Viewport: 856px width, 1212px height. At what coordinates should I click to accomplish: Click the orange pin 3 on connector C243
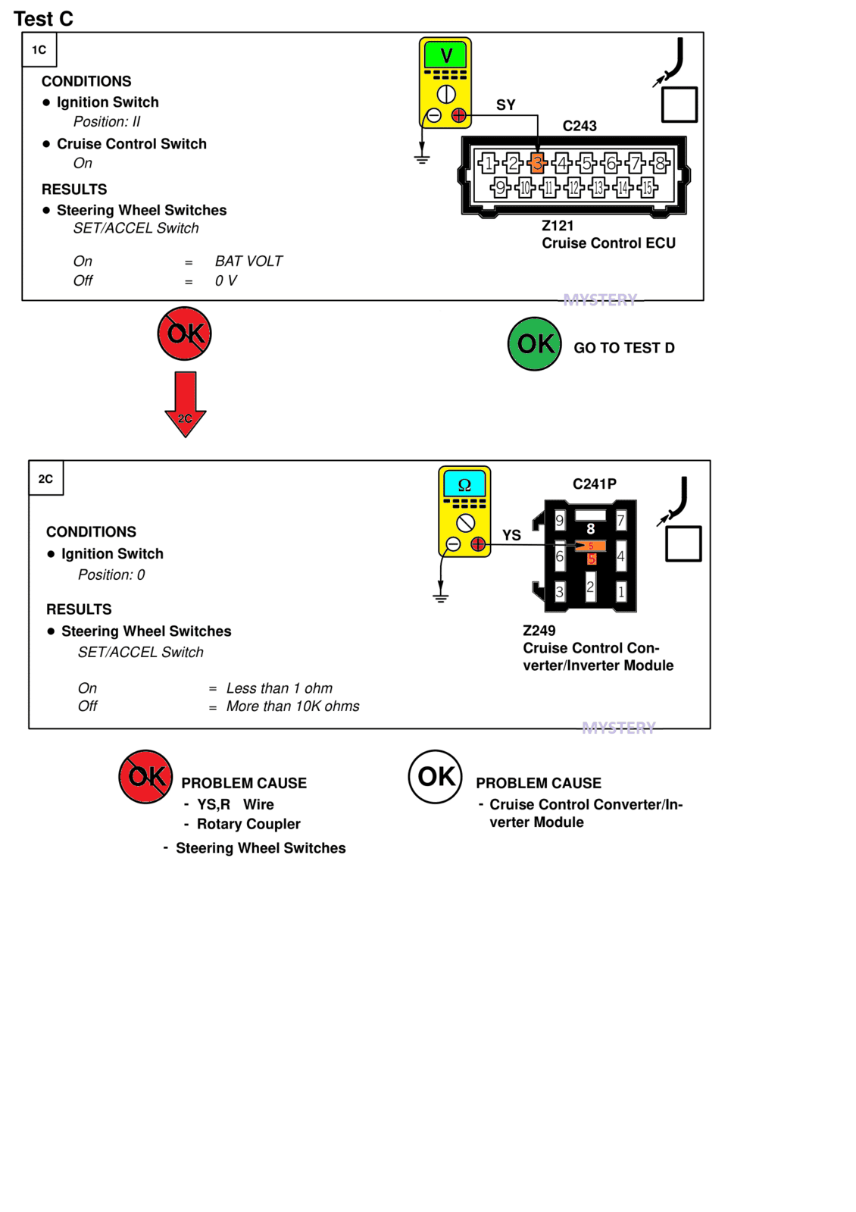[x=537, y=162]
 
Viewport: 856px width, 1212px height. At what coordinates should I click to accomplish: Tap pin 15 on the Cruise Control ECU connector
[x=647, y=188]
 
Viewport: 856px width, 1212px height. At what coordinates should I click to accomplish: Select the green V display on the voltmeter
[x=445, y=55]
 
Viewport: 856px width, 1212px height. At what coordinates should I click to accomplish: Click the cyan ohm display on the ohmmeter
[x=464, y=484]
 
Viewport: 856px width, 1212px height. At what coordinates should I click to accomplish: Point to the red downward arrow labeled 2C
[x=186, y=404]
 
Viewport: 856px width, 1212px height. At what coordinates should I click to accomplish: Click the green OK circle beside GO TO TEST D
[x=534, y=344]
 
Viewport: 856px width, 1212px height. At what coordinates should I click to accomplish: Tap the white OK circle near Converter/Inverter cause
[x=436, y=776]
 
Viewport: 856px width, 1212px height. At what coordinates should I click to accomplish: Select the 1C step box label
[x=39, y=50]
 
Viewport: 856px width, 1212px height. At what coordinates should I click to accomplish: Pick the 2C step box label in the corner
[x=46, y=478]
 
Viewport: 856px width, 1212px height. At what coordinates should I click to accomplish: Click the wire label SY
[x=505, y=105]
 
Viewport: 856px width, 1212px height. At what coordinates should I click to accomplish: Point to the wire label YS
[x=511, y=535]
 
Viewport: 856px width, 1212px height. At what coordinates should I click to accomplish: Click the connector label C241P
[x=595, y=484]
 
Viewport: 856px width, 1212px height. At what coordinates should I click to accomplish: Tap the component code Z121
[x=558, y=226]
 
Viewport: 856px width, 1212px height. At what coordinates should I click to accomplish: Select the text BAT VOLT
[x=248, y=262]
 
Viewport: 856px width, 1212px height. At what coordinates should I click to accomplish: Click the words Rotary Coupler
[x=248, y=823]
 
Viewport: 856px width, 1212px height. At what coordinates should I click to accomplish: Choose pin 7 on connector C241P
[x=620, y=521]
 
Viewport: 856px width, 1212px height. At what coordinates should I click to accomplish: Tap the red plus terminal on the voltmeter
[x=458, y=115]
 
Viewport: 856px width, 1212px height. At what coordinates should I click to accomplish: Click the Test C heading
[x=43, y=19]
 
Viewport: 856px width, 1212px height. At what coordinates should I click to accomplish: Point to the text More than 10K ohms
[x=292, y=706]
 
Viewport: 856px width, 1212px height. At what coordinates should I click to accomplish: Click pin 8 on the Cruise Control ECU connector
[x=660, y=162]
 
